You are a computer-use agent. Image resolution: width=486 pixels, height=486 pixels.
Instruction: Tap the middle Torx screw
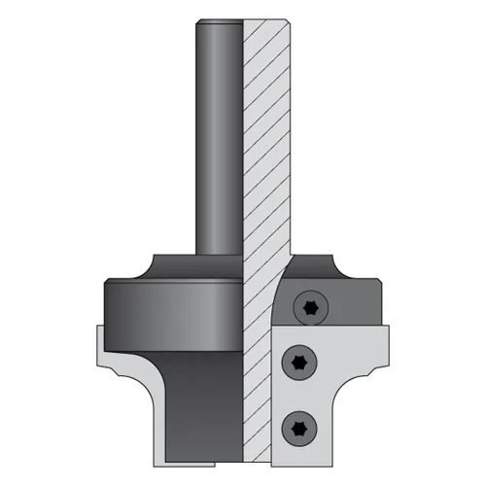click(x=297, y=363)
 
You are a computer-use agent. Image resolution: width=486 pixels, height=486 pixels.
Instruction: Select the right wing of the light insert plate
click(x=374, y=350)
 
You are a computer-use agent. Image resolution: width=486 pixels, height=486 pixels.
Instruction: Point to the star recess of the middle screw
click(x=297, y=363)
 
